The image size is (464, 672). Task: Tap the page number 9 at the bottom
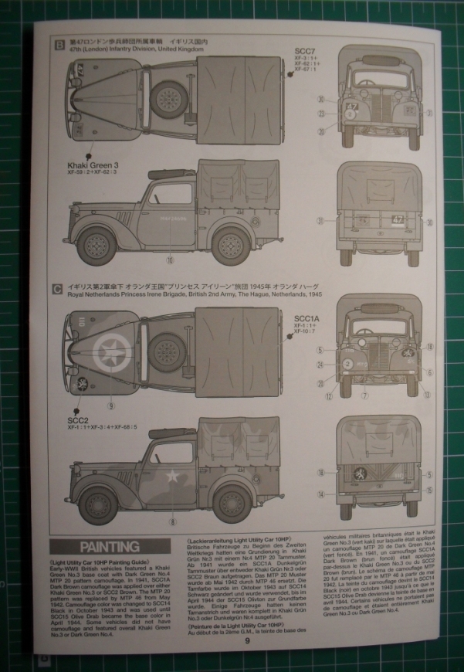(x=246, y=640)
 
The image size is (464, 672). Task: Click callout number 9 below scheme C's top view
(x=111, y=404)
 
